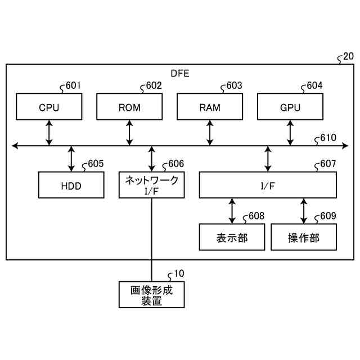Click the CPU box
[x=49, y=107]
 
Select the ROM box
[x=129, y=107]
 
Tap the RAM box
[x=210, y=107]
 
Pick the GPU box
[x=290, y=107]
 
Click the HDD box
[x=71, y=185]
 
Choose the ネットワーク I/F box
[x=152, y=185]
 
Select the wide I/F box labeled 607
[x=268, y=185]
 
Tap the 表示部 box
[x=232, y=237]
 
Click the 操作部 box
[x=304, y=237]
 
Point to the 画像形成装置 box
[x=152, y=294]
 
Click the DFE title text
[x=180, y=74]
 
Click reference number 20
[x=348, y=56]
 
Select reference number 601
[x=73, y=86]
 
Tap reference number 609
[x=328, y=217]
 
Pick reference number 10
[x=178, y=274]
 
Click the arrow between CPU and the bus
[x=49, y=133]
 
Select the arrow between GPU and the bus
[x=290, y=133]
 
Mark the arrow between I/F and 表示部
[x=232, y=210]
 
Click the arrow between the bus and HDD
[x=71, y=159]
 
